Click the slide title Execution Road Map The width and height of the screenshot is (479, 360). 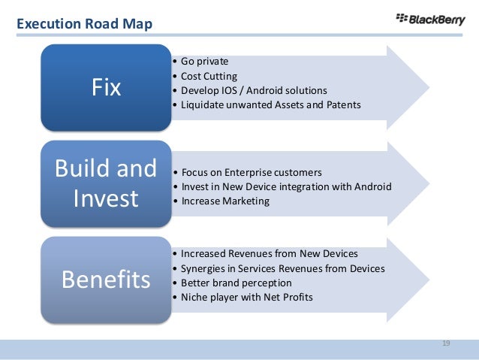pos(84,25)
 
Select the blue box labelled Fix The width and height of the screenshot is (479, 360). pos(106,88)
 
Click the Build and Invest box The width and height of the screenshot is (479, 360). pos(106,183)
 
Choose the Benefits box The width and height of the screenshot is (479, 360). pos(106,280)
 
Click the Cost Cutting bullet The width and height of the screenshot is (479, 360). pos(207,76)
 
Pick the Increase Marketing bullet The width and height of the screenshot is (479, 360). pos(223,201)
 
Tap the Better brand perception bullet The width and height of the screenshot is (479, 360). pos(231,283)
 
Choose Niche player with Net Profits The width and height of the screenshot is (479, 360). pos(245,297)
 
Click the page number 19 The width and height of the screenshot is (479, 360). pos(446,343)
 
